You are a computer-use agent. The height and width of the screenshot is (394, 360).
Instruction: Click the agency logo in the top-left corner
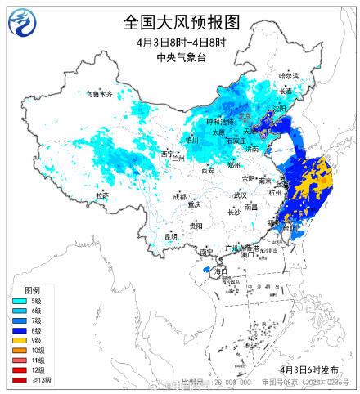click(21, 23)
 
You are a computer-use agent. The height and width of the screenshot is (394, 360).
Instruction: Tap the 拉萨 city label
click(101, 196)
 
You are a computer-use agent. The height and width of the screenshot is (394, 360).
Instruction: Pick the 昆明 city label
click(170, 236)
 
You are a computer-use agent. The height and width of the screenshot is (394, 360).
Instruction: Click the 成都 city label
click(179, 196)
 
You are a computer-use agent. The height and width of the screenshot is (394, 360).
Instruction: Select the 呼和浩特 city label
click(220, 122)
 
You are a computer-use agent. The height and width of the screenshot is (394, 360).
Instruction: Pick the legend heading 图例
click(33, 291)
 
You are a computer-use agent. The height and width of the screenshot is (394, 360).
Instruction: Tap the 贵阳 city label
click(195, 225)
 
